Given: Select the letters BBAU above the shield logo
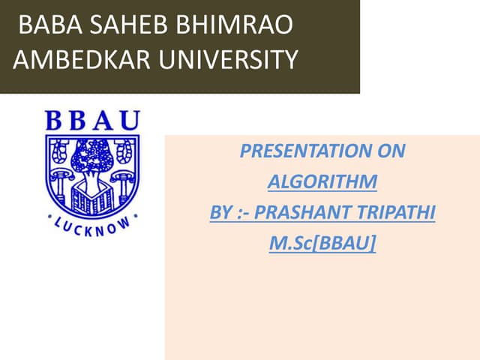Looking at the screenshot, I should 92,121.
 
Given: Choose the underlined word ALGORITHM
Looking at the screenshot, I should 322,181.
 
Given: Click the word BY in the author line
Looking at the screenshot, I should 220,212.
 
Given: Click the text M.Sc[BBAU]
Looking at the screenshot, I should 322,243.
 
